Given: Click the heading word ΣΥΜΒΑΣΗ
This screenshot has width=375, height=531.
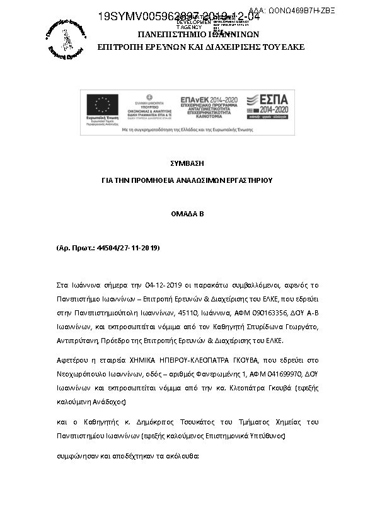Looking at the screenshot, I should (187, 163).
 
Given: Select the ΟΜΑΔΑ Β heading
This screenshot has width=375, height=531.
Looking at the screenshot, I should (187, 214).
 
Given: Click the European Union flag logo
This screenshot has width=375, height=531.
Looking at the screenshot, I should (102, 105).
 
